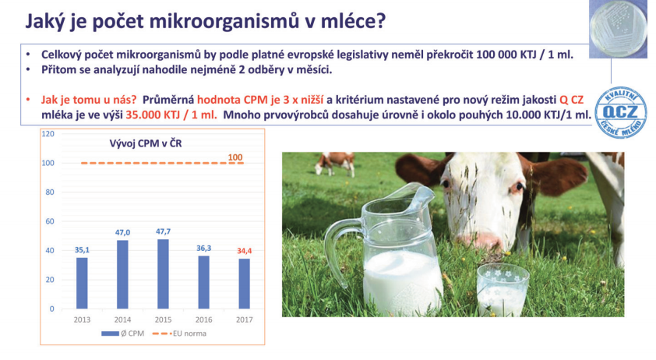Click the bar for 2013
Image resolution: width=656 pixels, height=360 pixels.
pos(82,283)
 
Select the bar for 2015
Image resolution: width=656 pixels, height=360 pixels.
pos(163,274)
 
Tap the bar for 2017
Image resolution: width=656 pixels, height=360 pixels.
pos(245,284)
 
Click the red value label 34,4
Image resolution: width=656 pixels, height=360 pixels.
pos(245,251)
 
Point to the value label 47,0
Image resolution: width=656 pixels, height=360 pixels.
pos(122,232)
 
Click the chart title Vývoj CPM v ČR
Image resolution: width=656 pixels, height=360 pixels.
pos(146,143)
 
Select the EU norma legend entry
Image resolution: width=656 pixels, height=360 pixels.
pos(179,334)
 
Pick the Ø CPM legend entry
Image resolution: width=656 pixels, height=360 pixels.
pos(122,334)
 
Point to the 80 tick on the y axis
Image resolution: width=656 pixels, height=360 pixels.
pos(50,192)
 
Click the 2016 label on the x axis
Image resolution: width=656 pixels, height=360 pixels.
pos(204,319)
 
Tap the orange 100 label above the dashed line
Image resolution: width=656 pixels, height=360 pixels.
pos(235,157)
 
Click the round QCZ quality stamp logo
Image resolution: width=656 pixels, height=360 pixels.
pos(621,111)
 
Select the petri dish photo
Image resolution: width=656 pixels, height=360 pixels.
pos(618,29)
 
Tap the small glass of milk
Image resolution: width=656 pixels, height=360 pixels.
pos(503,290)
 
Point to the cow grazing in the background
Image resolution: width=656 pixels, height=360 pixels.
pos(335,164)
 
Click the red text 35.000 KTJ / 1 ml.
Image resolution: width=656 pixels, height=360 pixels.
pos(171,115)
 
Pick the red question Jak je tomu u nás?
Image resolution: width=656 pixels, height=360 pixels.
pos(89,100)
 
